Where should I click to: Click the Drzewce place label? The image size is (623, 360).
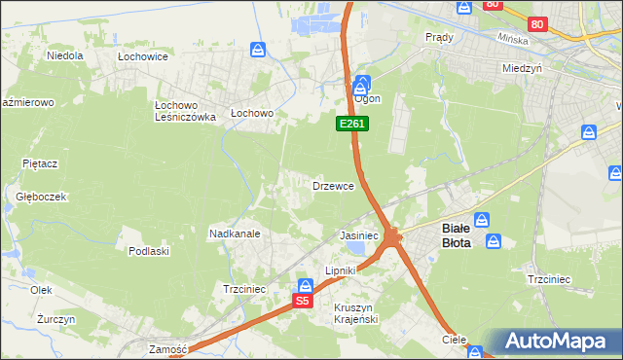(339, 185)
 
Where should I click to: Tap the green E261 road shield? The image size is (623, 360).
(352, 124)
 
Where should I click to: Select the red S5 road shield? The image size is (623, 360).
(303, 302)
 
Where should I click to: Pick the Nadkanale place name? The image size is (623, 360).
(234, 234)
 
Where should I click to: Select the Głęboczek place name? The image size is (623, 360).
(41, 196)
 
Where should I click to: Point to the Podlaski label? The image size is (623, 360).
(149, 251)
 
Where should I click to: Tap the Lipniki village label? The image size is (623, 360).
(342, 270)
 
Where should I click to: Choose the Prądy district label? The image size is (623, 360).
(439, 37)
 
